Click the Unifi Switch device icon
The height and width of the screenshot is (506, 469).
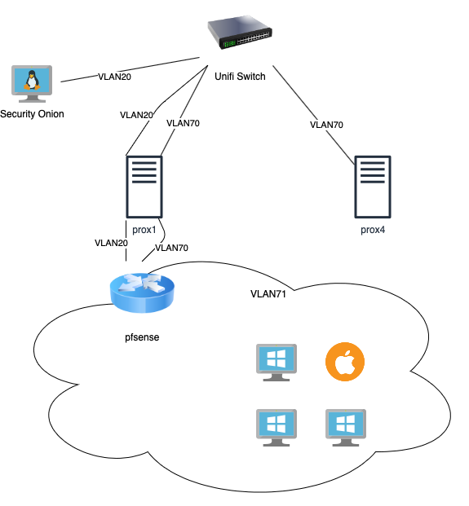pyautogui.click(x=240, y=34)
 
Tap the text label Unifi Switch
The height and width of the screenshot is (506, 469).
pyautogui.click(x=240, y=77)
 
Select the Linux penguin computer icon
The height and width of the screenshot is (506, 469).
pyautogui.click(x=32, y=84)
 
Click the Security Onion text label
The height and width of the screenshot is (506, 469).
pyautogui.click(x=32, y=114)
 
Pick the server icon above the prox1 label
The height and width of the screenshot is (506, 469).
pyautogui.click(x=144, y=187)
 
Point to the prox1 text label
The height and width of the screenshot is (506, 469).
pyautogui.click(x=144, y=230)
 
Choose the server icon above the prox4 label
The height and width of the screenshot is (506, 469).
pyautogui.click(x=373, y=187)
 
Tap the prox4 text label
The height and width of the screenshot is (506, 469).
pyautogui.click(x=373, y=230)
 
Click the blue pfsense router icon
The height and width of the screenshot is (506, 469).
pyautogui.click(x=142, y=293)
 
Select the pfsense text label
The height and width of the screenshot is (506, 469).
pyautogui.click(x=142, y=337)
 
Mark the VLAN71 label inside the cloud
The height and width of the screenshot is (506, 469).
pyautogui.click(x=268, y=294)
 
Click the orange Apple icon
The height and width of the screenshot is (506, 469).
pyautogui.click(x=345, y=362)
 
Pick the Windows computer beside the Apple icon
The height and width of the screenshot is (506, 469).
pyautogui.click(x=277, y=363)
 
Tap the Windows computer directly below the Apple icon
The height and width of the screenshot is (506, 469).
pyautogui.click(x=346, y=428)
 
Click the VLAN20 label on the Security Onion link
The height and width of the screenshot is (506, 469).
pyautogui.click(x=115, y=77)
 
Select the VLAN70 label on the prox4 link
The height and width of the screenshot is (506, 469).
pyautogui.click(x=326, y=125)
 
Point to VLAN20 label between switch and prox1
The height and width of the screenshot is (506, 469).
pyautogui.click(x=136, y=115)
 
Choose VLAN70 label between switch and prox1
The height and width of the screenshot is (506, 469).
pyautogui.click(x=183, y=123)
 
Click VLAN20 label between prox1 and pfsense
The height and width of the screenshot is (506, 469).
pyautogui.click(x=111, y=243)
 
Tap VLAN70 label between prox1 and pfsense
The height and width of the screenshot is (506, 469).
pyautogui.click(x=171, y=248)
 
